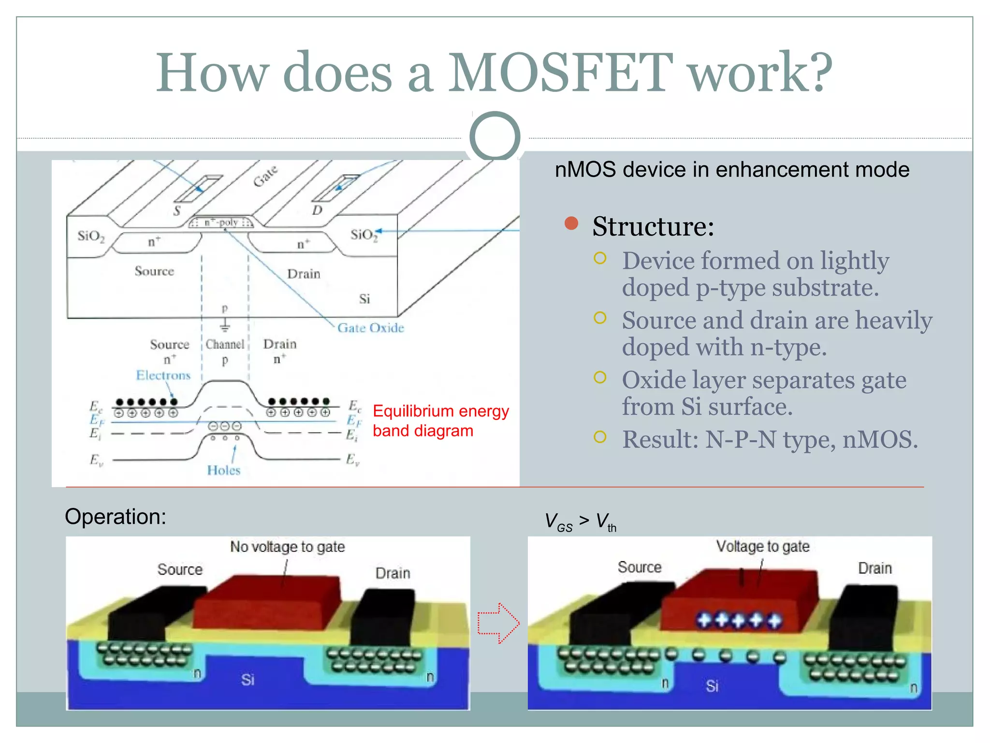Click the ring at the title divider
(495, 137)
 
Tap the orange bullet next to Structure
(571, 223)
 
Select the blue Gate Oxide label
(370, 328)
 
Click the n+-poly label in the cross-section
(221, 223)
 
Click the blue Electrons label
(163, 375)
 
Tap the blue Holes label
(223, 470)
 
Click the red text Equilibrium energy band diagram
(440, 420)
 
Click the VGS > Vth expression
(580, 522)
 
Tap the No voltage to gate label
(287, 547)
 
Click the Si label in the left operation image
(247, 680)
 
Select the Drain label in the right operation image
(874, 568)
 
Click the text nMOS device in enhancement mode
(732, 170)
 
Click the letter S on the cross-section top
(177, 211)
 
